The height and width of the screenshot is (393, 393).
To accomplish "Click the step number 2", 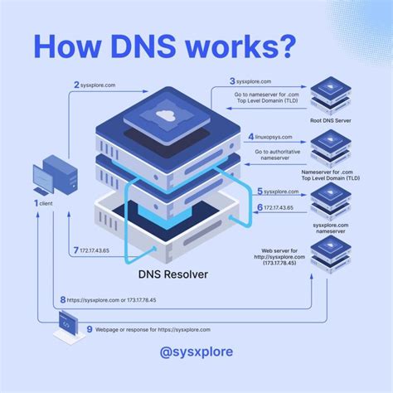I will pyautogui.click(x=76, y=85).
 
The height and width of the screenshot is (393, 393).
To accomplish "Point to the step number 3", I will pyautogui.click(x=233, y=81).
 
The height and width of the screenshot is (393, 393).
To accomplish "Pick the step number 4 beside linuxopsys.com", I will pyautogui.click(x=251, y=136).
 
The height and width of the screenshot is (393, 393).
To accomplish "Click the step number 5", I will pyautogui.click(x=260, y=192).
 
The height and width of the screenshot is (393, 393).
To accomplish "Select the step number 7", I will pyautogui.click(x=76, y=250).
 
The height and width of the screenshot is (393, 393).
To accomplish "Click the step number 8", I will pyautogui.click(x=63, y=299).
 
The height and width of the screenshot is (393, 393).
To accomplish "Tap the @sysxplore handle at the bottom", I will pyautogui.click(x=196, y=352).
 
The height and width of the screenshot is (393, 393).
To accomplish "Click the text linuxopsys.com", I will pyautogui.click(x=276, y=136).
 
